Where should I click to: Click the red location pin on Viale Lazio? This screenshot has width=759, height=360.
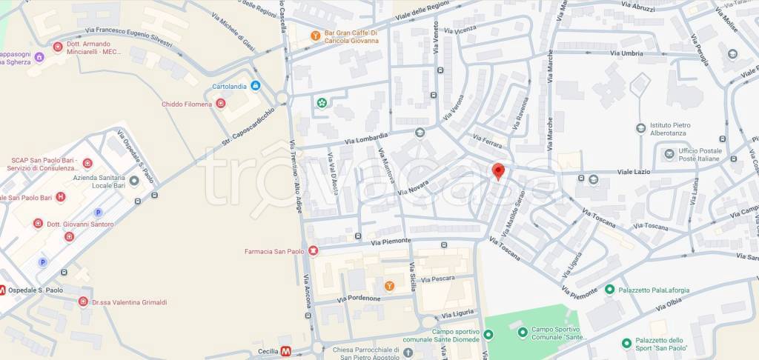click(x=499, y=171)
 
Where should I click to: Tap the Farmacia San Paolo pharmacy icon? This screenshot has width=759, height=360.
click(x=314, y=251)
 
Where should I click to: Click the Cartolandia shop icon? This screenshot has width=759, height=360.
click(x=255, y=86)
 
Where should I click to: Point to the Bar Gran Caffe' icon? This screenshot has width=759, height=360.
click(x=316, y=35)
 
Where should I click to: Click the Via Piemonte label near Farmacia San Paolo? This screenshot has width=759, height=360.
click(x=391, y=242)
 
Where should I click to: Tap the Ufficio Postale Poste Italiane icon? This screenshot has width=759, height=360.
click(x=669, y=153)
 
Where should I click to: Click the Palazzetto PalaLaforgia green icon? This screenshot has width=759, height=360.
click(x=609, y=289)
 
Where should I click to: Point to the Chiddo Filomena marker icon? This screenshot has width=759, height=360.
click(x=220, y=104)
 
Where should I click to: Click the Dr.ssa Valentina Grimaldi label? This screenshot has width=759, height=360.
click(x=129, y=302)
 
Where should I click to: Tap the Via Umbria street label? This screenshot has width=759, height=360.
click(x=626, y=53)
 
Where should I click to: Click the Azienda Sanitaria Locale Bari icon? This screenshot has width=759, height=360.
click(x=134, y=180)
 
